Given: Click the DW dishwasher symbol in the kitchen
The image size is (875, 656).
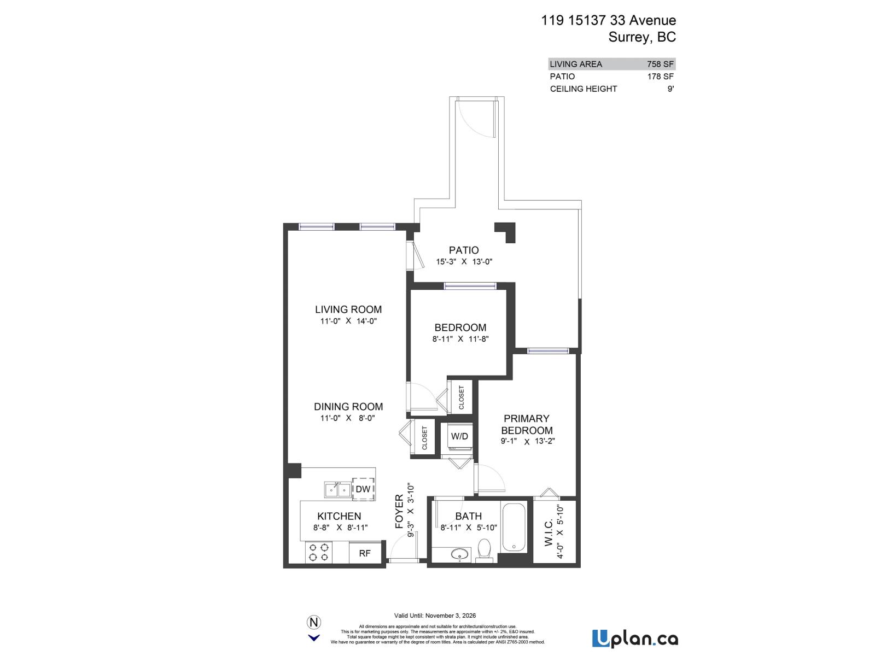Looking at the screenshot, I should [363, 489].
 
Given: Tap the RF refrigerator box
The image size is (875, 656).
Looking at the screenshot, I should [365, 553].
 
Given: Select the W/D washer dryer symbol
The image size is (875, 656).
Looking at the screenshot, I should [459, 436].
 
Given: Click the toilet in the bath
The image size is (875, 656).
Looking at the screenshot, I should [485, 549].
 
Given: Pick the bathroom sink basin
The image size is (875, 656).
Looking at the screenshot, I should [460, 554].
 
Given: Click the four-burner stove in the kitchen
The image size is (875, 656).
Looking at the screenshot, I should [319, 552].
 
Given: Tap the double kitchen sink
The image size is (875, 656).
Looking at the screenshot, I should [337, 489].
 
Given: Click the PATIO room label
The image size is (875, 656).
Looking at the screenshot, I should [464, 250].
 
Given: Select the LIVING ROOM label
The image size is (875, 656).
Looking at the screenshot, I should [348, 309].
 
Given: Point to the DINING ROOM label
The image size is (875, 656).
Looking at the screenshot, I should [348, 407].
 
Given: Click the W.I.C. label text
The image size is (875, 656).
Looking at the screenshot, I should [549, 534].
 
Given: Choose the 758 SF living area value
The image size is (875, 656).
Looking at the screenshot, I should [660, 64].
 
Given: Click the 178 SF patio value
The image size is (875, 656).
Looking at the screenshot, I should [660, 77].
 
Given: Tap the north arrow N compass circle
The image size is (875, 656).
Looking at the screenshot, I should [314, 622].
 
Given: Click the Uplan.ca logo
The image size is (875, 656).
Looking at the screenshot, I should [634, 639].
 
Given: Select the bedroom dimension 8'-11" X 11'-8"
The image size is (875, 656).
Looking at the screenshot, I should [460, 339].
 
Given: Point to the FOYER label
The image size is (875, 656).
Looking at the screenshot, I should [399, 512].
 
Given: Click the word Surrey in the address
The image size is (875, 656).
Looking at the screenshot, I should [629, 37].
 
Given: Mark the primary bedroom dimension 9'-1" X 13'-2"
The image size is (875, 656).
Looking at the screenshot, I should [527, 441].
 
